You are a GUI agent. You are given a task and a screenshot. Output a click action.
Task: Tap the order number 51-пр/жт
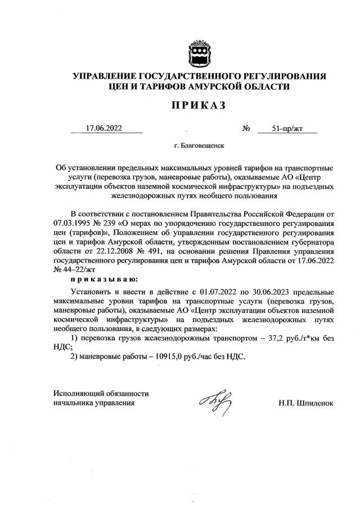287,128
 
